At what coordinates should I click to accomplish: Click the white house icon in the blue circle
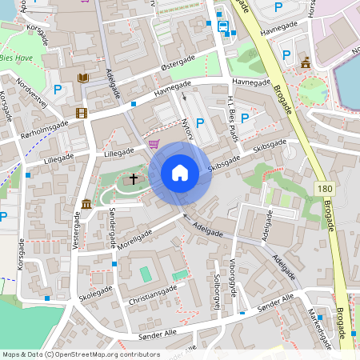pos(180,173)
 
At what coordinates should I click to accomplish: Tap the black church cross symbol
pos(133,178)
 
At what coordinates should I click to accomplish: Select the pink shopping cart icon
pos(154,144)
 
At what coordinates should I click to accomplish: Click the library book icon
pos(83,78)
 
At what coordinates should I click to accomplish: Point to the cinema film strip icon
pos(80,113)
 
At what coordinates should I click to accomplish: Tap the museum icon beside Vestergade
pos(86,204)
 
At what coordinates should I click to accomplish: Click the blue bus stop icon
pos(223,26)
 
